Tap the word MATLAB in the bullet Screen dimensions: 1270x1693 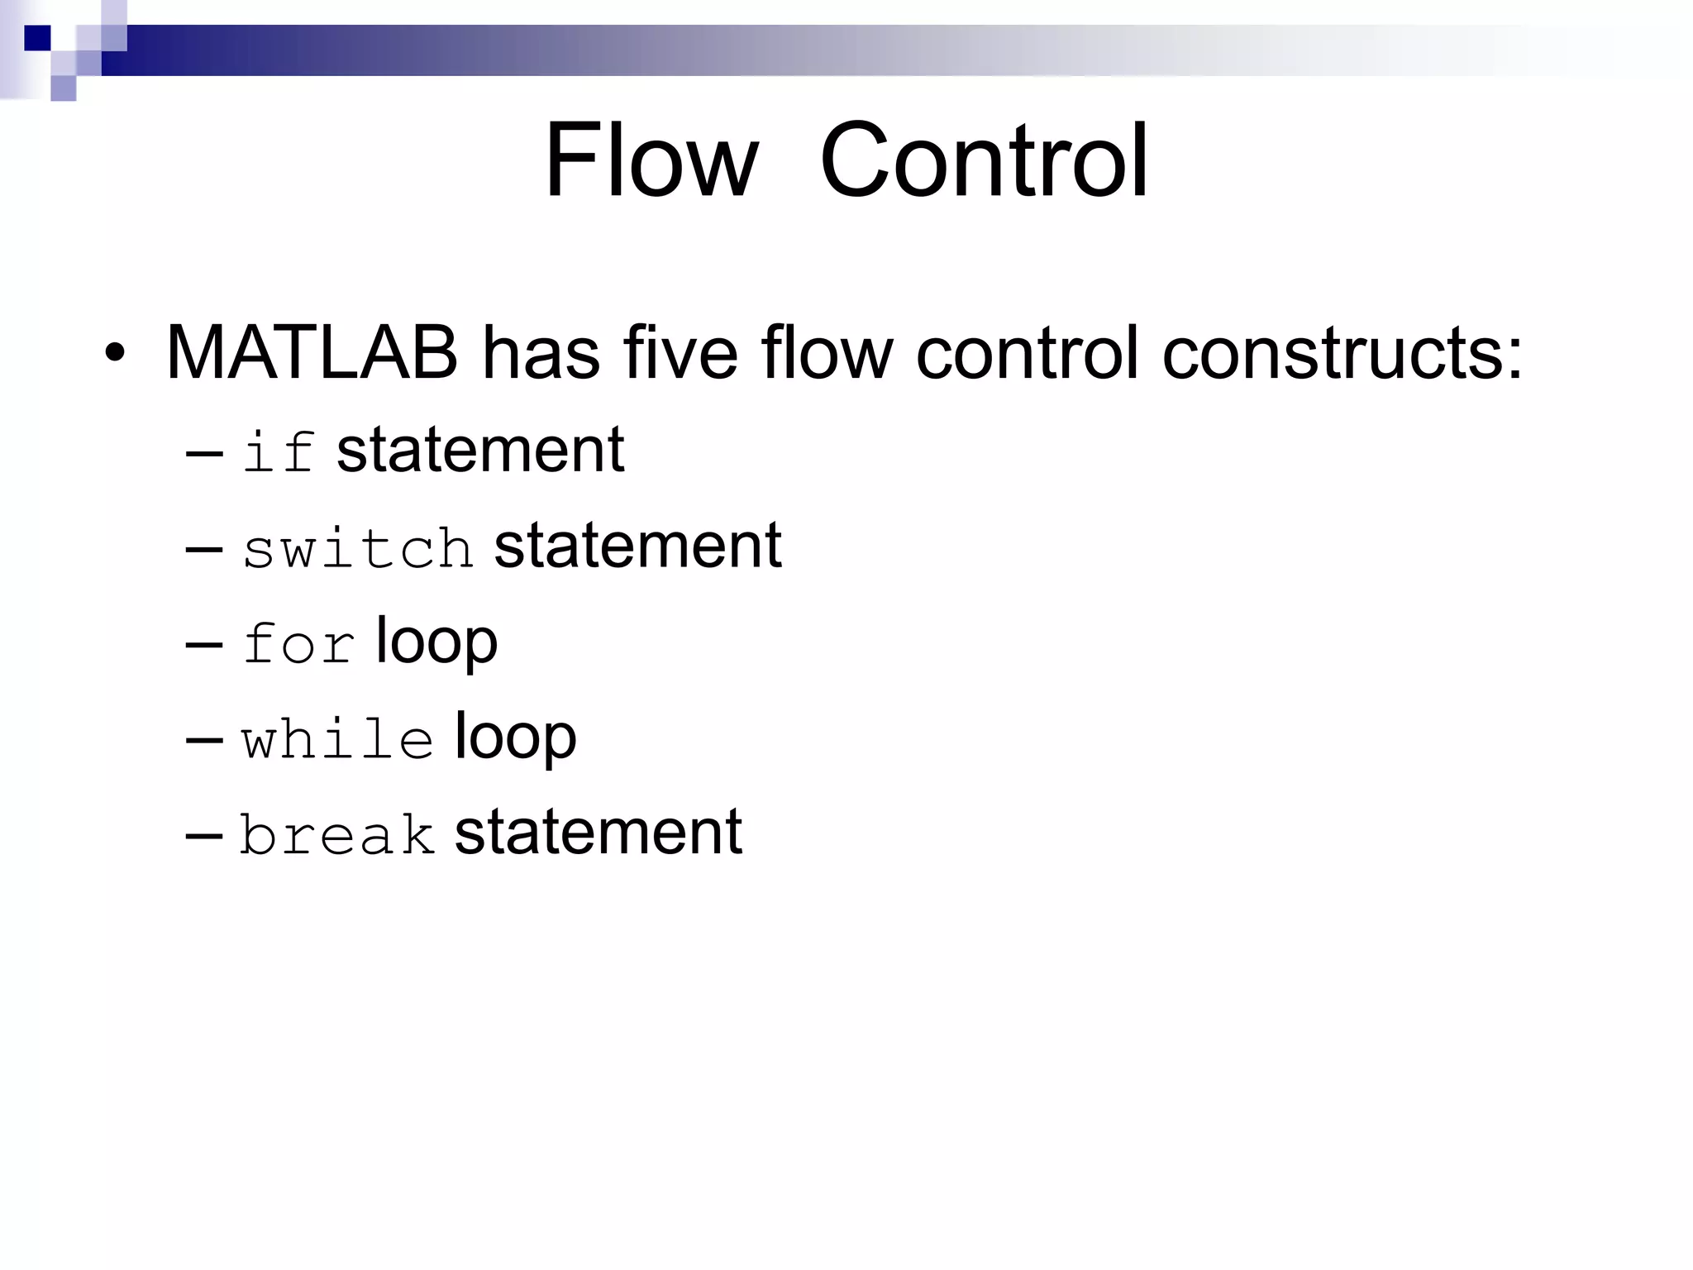pyautogui.click(x=312, y=353)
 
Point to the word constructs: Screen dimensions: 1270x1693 pyautogui.click(x=1342, y=353)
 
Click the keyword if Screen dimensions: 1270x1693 pyautogui.click(x=279, y=451)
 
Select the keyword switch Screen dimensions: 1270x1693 pyautogui.click(x=358, y=547)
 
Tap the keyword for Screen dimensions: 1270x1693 pyautogui.click(x=298, y=643)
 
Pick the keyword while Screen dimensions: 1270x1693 pyautogui.click(x=337, y=738)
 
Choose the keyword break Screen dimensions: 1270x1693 pyautogui.click(x=337, y=833)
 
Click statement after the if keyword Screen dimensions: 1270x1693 pyautogui.click(x=480, y=450)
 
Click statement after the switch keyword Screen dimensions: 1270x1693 pyautogui.click(x=637, y=546)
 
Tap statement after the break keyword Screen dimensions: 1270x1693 pyautogui.click(x=598, y=832)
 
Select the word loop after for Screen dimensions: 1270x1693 pyautogui.click(x=436, y=643)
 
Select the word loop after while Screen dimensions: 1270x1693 pyautogui.click(x=515, y=738)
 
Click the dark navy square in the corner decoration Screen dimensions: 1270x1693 pyautogui.click(x=37, y=38)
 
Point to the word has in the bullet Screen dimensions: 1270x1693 pyautogui.click(x=541, y=353)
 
